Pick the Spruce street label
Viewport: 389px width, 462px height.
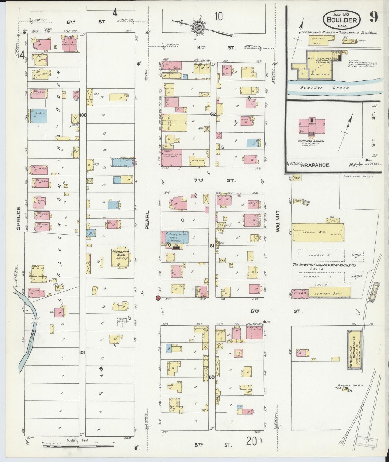tap(18, 218)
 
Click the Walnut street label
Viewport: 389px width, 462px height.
tap(278, 221)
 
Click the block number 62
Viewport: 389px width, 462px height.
tap(213, 114)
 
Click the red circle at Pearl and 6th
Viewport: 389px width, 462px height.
tap(158, 298)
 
